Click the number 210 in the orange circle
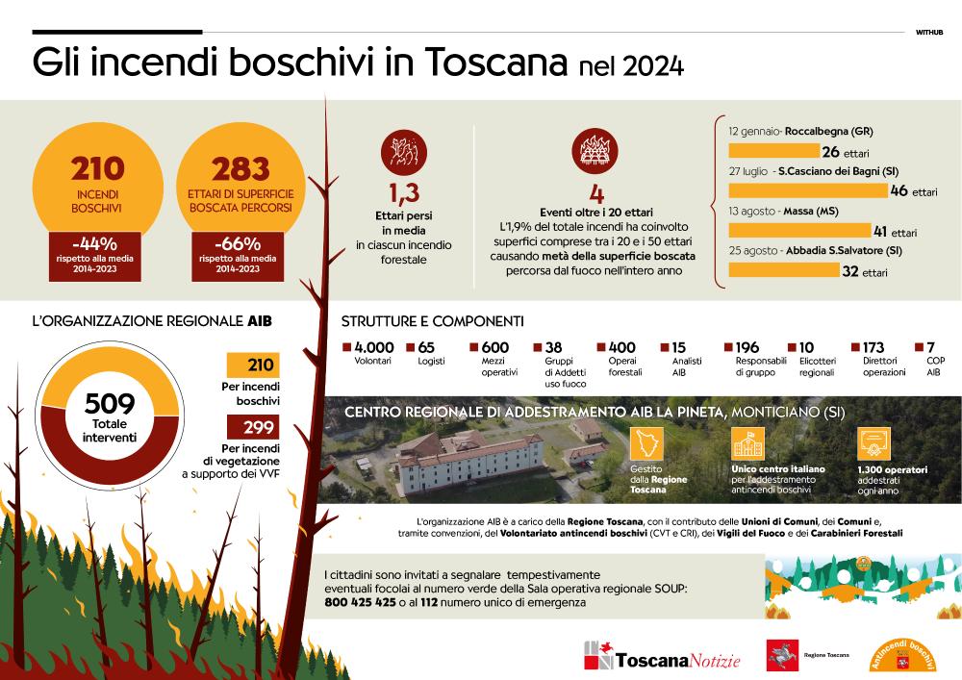(x=97, y=168)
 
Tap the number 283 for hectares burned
(x=240, y=170)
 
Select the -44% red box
(x=95, y=256)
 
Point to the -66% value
(x=238, y=243)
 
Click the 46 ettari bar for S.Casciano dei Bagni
(x=808, y=190)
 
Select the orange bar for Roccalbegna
(x=774, y=151)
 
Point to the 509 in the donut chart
(x=110, y=403)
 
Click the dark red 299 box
(x=253, y=427)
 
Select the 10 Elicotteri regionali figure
(x=806, y=347)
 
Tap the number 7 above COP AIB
(x=930, y=347)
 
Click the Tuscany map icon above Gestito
(x=646, y=443)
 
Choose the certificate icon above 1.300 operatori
(x=873, y=443)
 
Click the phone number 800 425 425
(x=360, y=602)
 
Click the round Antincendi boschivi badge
(x=902, y=656)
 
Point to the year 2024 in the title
(x=653, y=66)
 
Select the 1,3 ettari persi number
(x=404, y=193)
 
